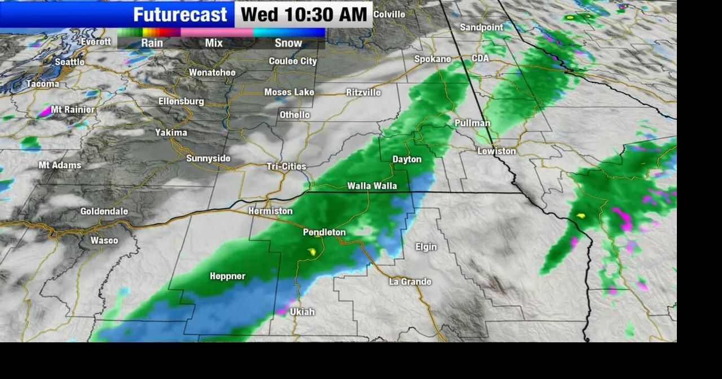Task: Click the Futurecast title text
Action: pyautogui.click(x=180, y=14)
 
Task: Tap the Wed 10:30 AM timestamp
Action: pyautogui.click(x=303, y=14)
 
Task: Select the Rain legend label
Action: pyautogui.click(x=152, y=43)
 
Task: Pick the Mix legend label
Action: pyautogui.click(x=214, y=43)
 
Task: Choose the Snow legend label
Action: pyautogui.click(x=288, y=43)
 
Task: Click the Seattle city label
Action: pyautogui.click(x=69, y=62)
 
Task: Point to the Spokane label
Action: pyautogui.click(x=433, y=59)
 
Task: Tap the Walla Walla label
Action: pyautogui.click(x=372, y=186)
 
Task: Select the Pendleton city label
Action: pyautogui.click(x=324, y=232)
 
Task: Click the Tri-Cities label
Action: pyautogui.click(x=287, y=166)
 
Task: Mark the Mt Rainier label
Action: pyautogui.click(x=73, y=109)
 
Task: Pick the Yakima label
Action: pyautogui.click(x=171, y=133)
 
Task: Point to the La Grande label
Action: pyautogui.click(x=410, y=281)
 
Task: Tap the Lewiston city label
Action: pyautogui.click(x=496, y=151)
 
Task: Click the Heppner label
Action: pyautogui.click(x=227, y=276)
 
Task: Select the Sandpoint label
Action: pyautogui.click(x=481, y=27)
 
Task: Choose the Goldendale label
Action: pyautogui.click(x=104, y=211)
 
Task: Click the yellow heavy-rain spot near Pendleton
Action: pyautogui.click(x=311, y=252)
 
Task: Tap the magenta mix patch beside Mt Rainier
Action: pyautogui.click(x=45, y=112)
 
